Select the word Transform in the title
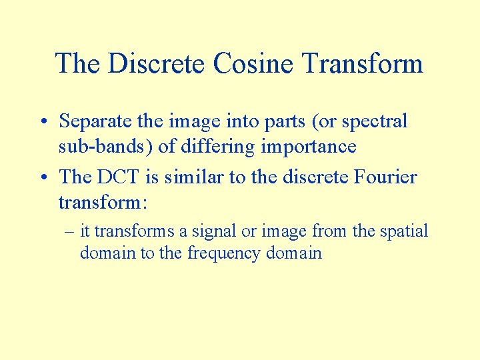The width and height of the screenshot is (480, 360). click(x=363, y=64)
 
